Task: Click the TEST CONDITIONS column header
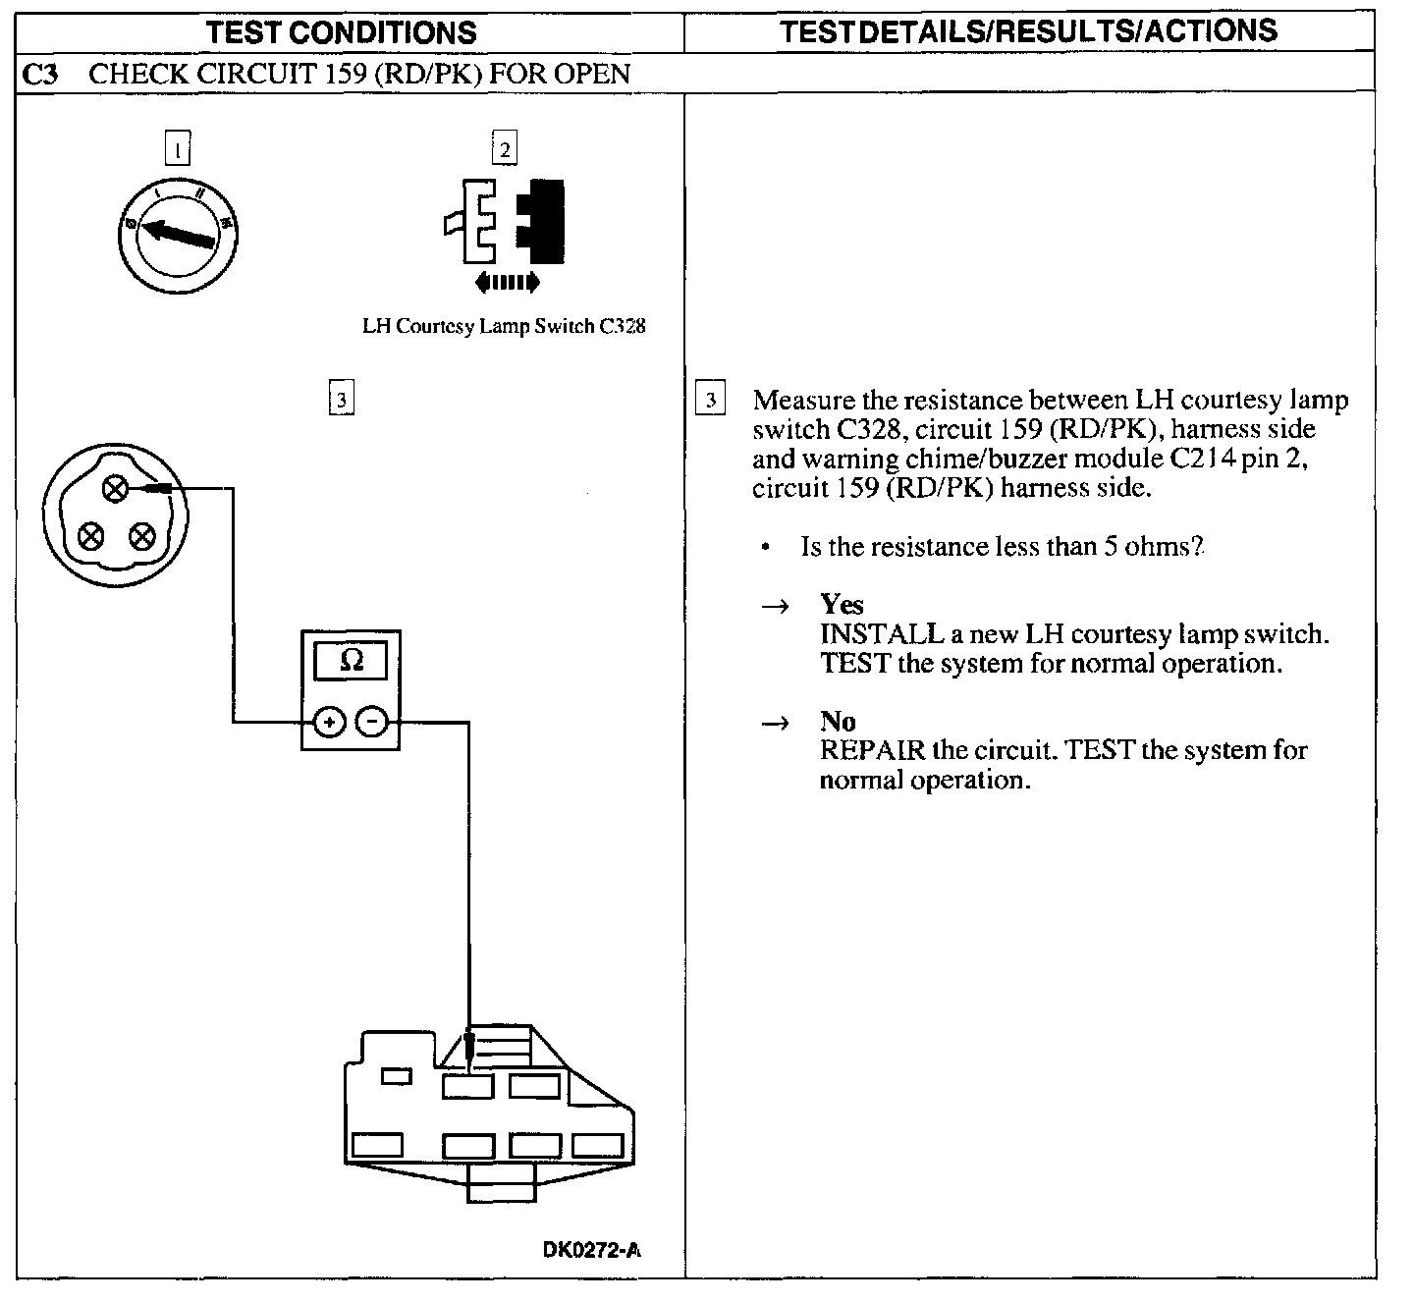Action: [x=341, y=31]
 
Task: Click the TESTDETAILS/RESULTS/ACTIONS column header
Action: [x=1028, y=30]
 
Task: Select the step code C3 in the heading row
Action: [x=39, y=75]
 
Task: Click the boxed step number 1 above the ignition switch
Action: [x=177, y=149]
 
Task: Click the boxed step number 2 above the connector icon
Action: [x=504, y=149]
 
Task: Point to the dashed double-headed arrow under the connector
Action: [x=506, y=284]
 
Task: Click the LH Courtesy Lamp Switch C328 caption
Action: [x=504, y=327]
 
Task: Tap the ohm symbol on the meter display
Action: [x=351, y=661]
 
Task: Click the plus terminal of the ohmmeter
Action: [x=329, y=723]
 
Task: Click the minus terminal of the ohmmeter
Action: [x=372, y=723]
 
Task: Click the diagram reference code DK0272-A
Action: [x=592, y=1250]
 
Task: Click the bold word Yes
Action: [x=842, y=604]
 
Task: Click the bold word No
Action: [x=838, y=722]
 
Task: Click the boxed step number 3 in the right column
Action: [x=710, y=401]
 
